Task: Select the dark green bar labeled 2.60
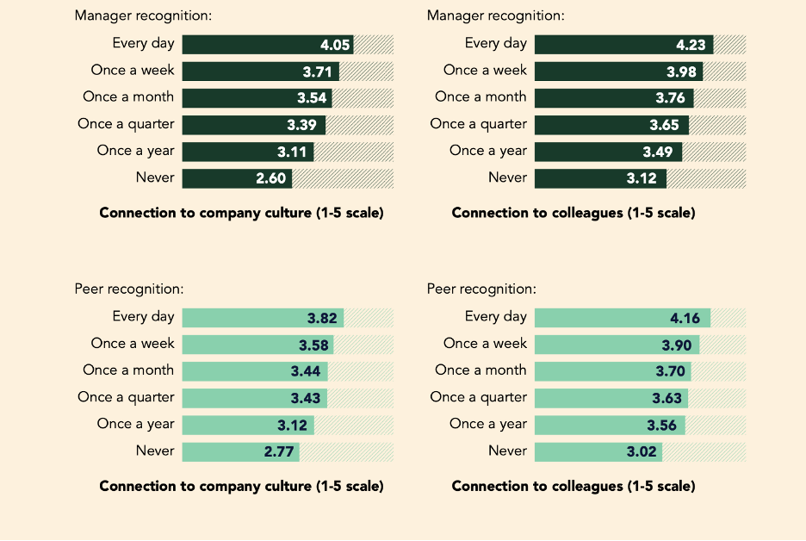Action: (238, 178)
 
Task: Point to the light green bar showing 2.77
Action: (241, 452)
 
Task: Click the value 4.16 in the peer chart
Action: (685, 319)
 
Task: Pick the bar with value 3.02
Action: (598, 452)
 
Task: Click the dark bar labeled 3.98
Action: (618, 72)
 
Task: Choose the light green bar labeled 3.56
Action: (610, 426)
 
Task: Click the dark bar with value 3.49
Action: (608, 152)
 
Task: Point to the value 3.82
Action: (322, 319)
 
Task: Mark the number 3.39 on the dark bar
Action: (303, 125)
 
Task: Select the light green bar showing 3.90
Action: (617, 345)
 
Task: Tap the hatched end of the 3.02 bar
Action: (704, 452)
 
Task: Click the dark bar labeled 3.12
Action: (600, 178)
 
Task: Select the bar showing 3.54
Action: (257, 98)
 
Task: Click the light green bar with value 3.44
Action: (255, 372)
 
